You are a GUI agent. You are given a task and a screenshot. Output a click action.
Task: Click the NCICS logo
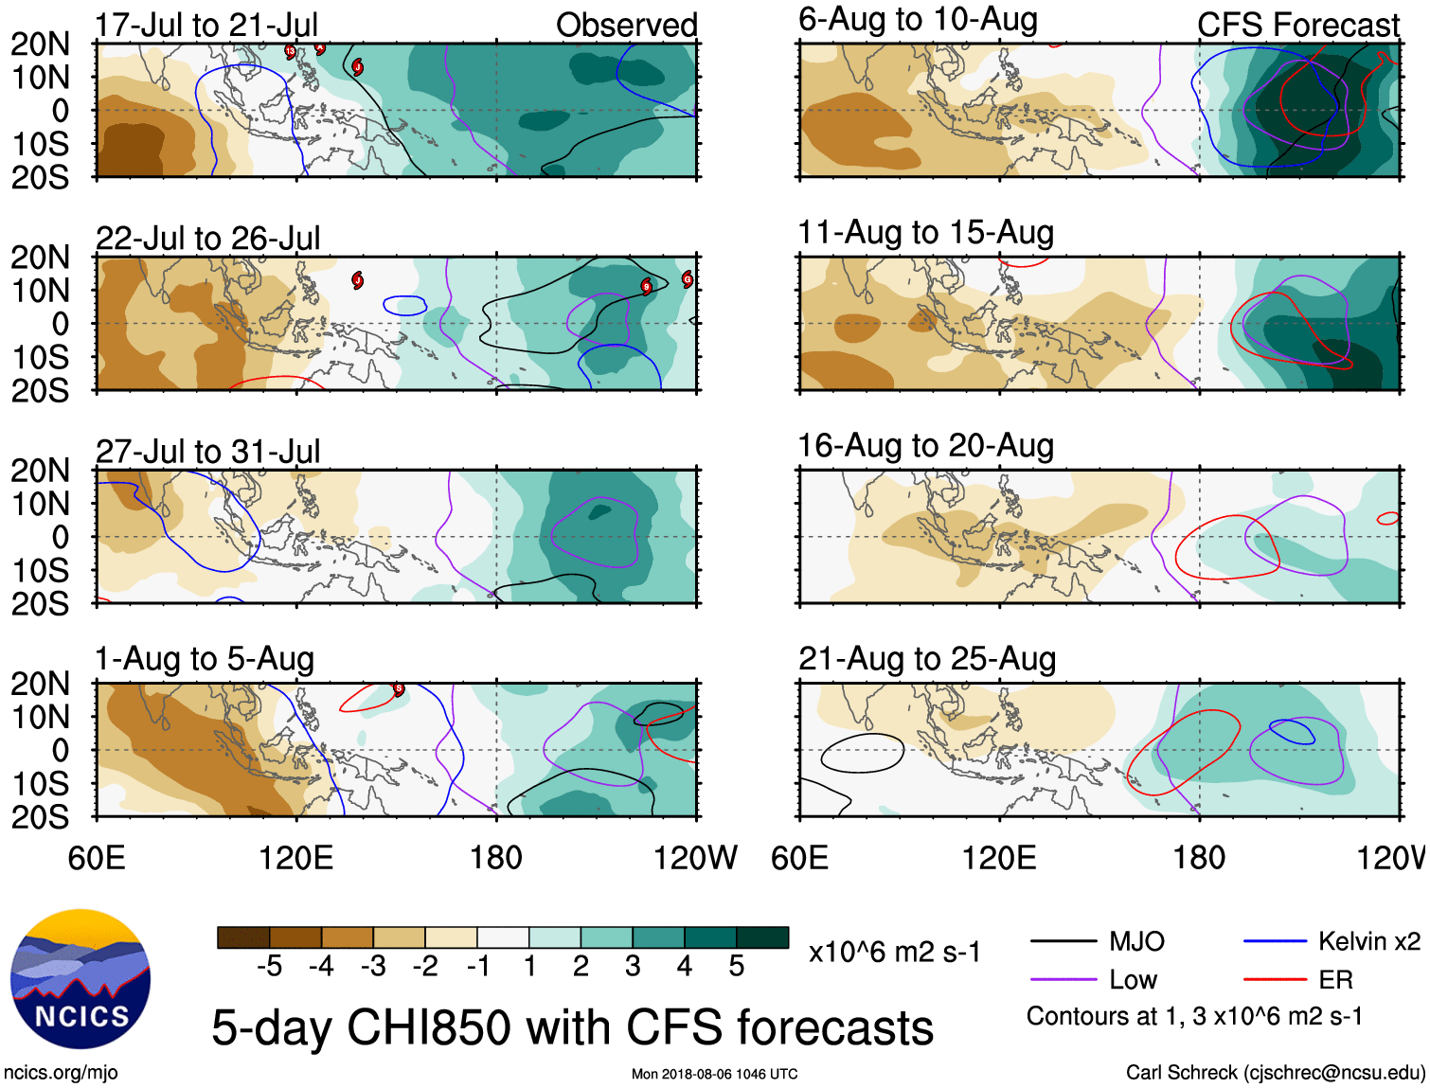click(80, 979)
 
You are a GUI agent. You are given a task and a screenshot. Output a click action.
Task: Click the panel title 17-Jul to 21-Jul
click(206, 26)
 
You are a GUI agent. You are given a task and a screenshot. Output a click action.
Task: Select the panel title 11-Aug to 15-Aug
click(925, 232)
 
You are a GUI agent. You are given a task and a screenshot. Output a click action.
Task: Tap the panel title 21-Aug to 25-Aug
click(926, 659)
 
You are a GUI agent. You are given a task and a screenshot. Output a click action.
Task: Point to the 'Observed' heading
click(626, 26)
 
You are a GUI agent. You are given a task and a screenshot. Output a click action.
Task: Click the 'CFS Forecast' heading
click(1297, 26)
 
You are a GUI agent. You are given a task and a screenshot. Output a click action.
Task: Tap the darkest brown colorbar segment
click(243, 937)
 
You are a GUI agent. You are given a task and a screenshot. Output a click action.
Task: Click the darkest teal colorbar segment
click(762, 937)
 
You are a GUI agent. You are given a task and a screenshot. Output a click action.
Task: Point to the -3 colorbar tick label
click(373, 966)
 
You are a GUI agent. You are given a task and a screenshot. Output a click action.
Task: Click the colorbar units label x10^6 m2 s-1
click(894, 952)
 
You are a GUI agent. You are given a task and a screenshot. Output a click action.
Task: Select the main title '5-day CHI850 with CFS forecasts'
click(572, 1028)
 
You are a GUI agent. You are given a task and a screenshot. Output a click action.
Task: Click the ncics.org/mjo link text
click(61, 1073)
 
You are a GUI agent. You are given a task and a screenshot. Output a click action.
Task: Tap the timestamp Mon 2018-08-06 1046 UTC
click(714, 1074)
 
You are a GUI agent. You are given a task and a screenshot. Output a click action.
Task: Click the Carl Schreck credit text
click(1275, 1072)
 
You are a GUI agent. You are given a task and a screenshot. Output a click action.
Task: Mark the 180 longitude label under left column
click(496, 858)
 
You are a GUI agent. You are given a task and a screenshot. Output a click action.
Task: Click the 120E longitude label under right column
click(999, 858)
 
